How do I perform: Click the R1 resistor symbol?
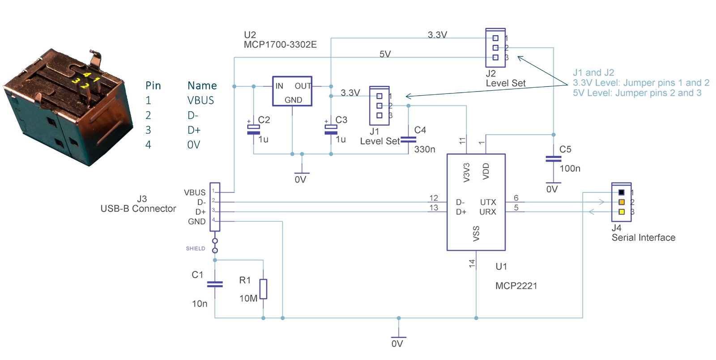[263, 289]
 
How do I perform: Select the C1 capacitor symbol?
[215, 284]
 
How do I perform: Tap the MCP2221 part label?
[516, 286]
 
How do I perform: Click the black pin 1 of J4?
[622, 192]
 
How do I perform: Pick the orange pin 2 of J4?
[622, 202]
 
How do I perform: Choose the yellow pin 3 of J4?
[622, 212]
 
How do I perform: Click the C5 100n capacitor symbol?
[554, 159]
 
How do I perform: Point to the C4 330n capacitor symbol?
[408, 139]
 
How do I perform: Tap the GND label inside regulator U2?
[293, 100]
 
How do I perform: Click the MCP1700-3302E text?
[280, 44]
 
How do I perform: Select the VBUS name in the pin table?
[200, 100]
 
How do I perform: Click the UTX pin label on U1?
[488, 202]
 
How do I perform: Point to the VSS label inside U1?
[476, 233]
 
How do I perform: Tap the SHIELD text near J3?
[195, 249]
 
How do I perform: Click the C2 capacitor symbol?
[253, 129]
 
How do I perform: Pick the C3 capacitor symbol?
[331, 129]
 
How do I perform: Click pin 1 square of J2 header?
[495, 38]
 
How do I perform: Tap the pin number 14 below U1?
[472, 263]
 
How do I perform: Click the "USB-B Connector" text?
[138, 208]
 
